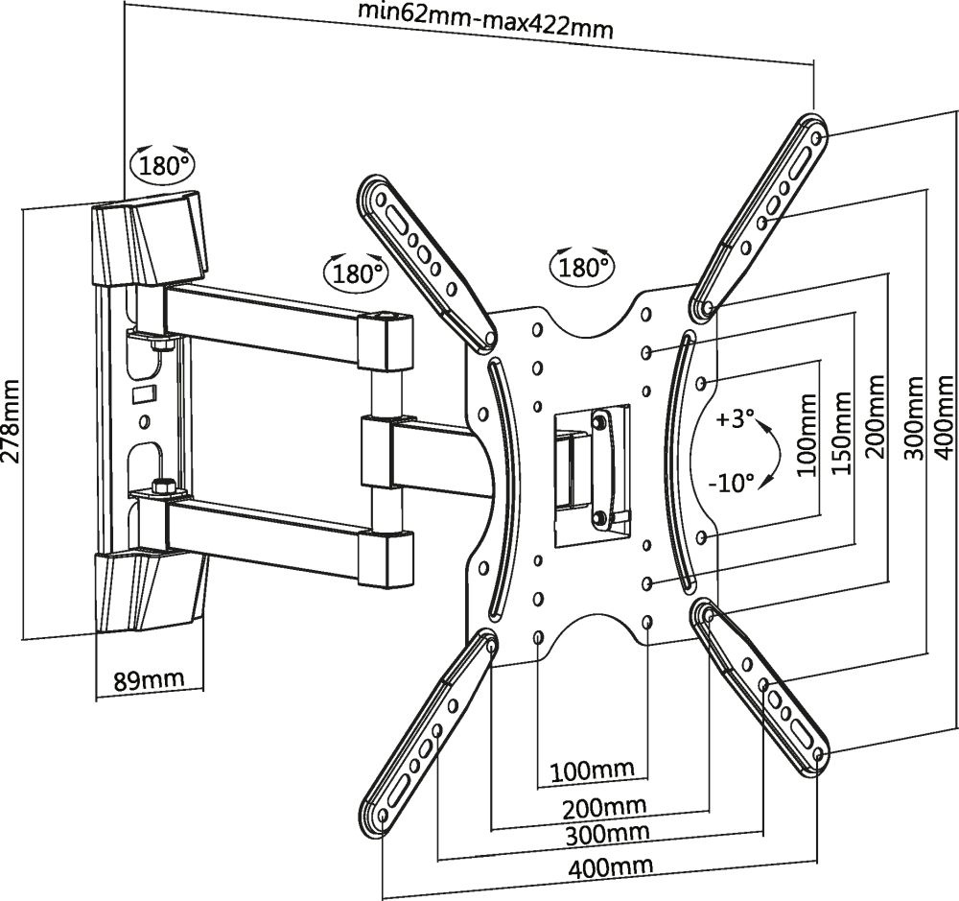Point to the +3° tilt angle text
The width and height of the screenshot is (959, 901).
click(737, 421)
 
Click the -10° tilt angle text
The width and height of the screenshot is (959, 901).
click(732, 482)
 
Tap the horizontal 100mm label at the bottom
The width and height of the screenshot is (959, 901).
click(592, 770)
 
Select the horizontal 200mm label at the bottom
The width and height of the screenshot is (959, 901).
click(605, 804)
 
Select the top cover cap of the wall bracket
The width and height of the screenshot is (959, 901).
click(149, 240)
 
